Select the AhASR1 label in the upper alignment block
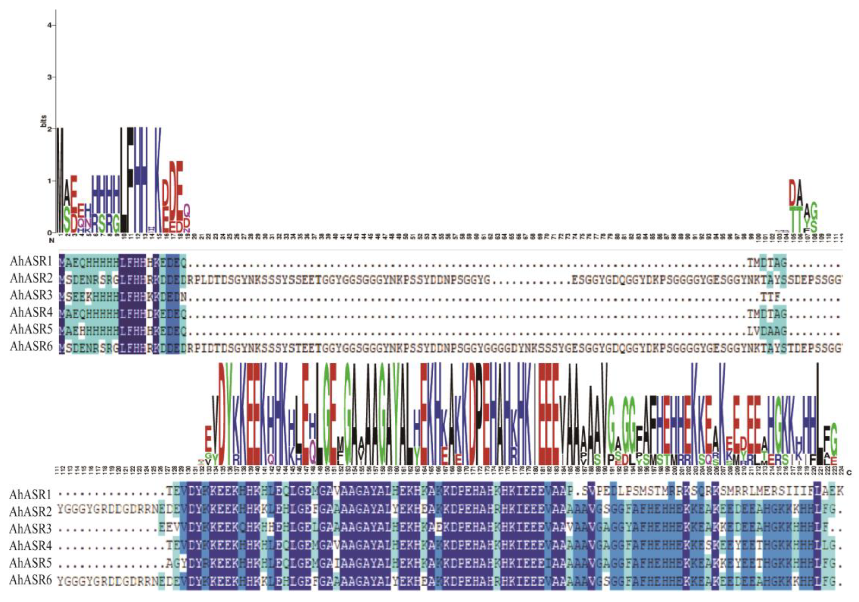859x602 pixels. coord(31,261)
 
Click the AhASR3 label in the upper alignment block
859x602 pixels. coord(31,295)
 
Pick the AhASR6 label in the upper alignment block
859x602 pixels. coord(31,347)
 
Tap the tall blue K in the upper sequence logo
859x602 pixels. coord(158,180)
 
